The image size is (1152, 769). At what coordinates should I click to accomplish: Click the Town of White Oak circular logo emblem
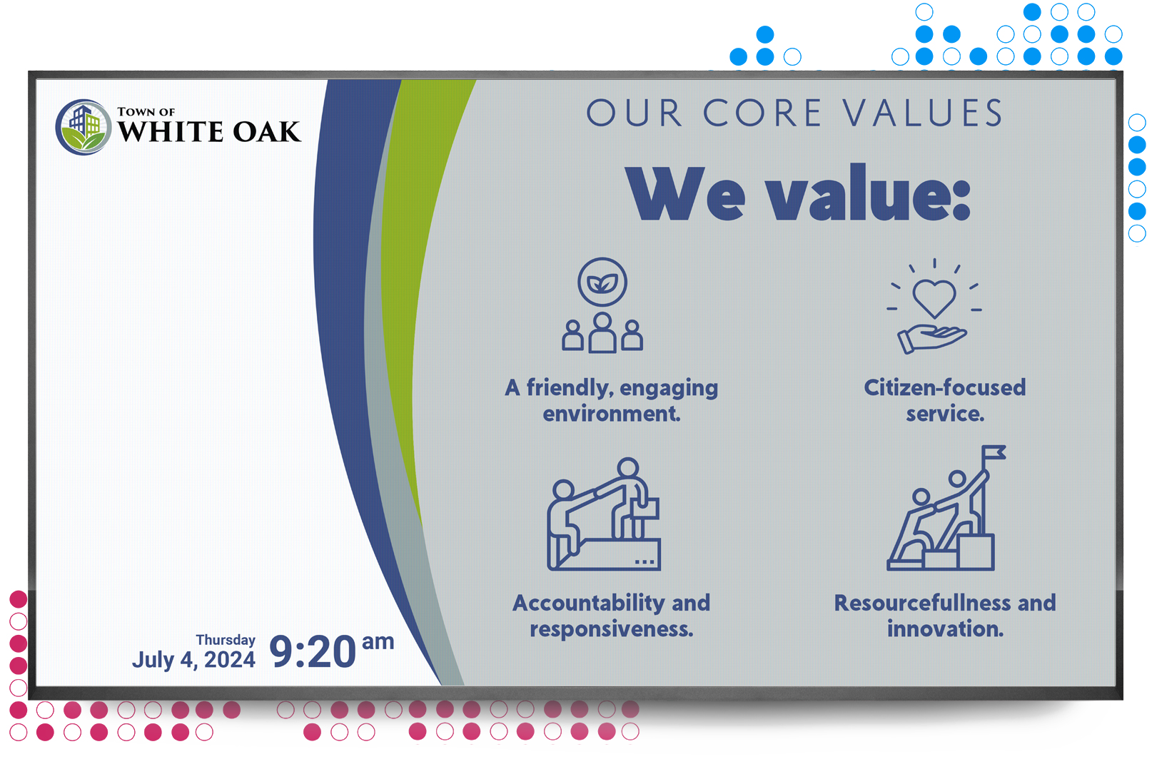84,127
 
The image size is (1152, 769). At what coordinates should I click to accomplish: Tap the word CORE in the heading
762,113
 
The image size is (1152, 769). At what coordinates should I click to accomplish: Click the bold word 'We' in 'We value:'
685,195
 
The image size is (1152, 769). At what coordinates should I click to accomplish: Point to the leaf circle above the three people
602,282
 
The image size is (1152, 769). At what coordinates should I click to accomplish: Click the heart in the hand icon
934,298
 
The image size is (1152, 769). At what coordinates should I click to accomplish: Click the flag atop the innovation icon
994,452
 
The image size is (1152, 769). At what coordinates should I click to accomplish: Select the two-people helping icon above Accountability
604,514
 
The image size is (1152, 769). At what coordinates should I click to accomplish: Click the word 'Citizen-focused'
945,387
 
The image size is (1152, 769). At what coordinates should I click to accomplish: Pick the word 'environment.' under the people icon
612,414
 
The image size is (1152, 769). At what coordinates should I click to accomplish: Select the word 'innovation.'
945,629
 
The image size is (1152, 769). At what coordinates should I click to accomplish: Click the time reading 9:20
313,652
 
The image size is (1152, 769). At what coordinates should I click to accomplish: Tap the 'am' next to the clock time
378,641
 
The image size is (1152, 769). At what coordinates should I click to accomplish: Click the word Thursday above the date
226,640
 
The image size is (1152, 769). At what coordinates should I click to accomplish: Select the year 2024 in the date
230,660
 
